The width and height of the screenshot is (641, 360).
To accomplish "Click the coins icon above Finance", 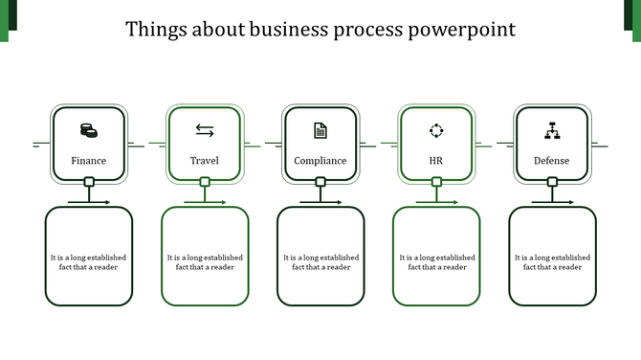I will coord(89,130).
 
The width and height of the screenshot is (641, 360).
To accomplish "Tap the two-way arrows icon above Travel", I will coord(205,130).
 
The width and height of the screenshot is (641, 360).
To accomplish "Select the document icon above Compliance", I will coord(320,130).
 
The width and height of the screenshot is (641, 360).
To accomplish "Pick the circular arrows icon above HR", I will coord(436,130).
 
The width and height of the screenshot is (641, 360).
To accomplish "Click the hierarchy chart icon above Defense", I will coord(552,130).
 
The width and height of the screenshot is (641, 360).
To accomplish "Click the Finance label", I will coord(89,161).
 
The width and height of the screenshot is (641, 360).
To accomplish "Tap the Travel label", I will coord(205,161).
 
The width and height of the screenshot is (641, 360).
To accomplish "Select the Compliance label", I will coord(320,161).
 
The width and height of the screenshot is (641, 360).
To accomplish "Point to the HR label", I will coord(436,161).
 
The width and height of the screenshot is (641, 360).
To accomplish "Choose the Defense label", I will coord(552,161).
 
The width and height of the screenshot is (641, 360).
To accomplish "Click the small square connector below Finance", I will coord(89,182).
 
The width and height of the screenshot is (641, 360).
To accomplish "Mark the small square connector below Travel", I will coord(205,182).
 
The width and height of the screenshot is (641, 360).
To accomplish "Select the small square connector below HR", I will coord(436,182).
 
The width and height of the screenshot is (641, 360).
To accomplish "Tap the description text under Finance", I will coord(89,262).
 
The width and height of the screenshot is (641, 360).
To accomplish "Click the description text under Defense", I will coord(552,262).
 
